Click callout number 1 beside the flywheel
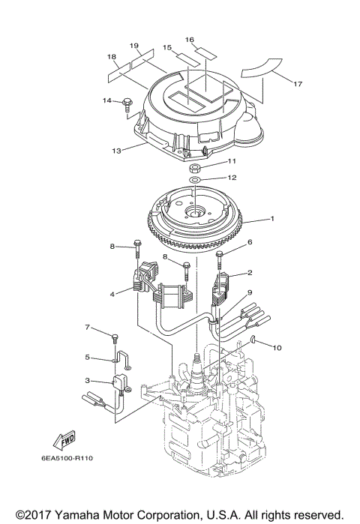(273, 220)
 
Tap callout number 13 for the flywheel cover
(116, 151)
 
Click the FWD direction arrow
(64, 438)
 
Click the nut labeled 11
(193, 166)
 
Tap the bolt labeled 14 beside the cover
(126, 102)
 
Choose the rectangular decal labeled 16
(206, 52)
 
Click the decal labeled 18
(116, 73)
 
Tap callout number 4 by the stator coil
(112, 294)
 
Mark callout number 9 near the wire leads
(250, 292)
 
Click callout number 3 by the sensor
(88, 381)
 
